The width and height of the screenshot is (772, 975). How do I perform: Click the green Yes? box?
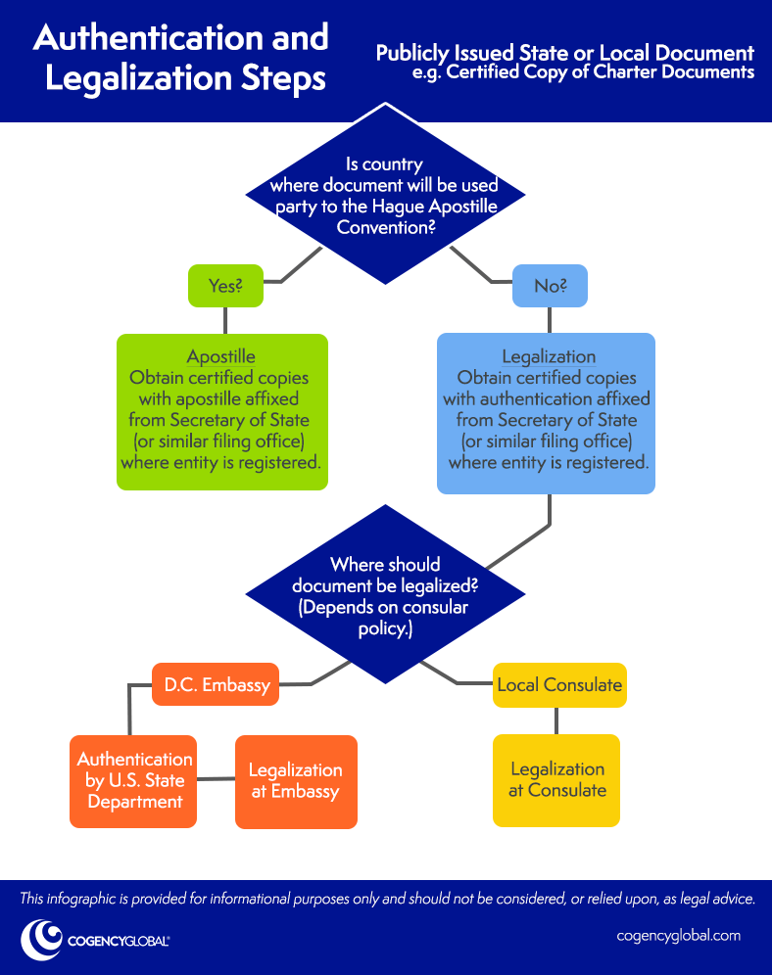tap(225, 286)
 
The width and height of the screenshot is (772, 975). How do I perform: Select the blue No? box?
tap(550, 286)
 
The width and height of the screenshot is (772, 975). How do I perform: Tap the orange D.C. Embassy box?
tap(215, 684)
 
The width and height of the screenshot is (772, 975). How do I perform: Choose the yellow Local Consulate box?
tap(558, 684)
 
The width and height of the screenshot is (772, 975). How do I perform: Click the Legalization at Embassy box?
tap(296, 781)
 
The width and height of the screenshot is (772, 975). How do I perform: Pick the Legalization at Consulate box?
tap(556, 780)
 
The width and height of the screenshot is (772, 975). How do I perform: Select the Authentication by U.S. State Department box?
tap(135, 780)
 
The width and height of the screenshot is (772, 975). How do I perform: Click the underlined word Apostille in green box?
tap(221, 356)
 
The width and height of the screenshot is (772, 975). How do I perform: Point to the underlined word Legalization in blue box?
tap(549, 356)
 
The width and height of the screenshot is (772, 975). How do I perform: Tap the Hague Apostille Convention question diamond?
tap(384, 196)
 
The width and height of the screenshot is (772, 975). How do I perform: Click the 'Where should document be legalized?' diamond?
tap(385, 595)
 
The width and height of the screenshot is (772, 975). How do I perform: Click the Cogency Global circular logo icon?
tap(41, 939)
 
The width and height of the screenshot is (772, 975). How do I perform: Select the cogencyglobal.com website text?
tap(678, 935)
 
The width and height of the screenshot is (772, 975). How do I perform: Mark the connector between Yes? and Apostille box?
tap(225, 320)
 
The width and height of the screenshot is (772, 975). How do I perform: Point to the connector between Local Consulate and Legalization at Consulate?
tap(556, 720)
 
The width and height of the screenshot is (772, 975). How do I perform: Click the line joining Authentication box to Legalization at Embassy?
tap(217, 779)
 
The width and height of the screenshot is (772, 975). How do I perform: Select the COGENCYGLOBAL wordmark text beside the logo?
tap(118, 941)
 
